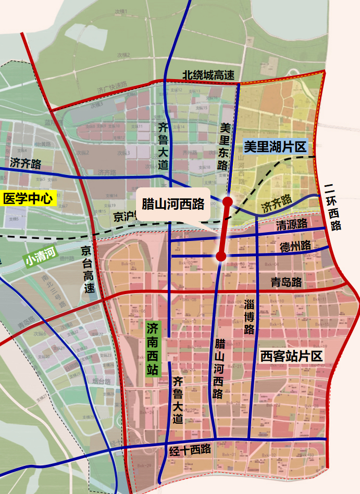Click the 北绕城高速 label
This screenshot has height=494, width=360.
(208, 75)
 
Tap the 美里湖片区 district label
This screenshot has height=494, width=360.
(276, 147)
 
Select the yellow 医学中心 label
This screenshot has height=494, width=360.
(29, 198)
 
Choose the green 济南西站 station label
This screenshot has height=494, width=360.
(153, 348)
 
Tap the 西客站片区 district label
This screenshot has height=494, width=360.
(292, 356)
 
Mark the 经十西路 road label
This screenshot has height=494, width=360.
(190, 449)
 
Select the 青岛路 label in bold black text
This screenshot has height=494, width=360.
(287, 282)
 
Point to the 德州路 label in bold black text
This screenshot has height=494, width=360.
(295, 246)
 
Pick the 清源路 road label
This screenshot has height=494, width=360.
(291, 225)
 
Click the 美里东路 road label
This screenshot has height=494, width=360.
(225, 146)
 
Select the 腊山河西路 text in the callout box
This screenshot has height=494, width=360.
(173, 203)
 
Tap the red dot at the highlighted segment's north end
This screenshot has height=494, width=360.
(227, 201)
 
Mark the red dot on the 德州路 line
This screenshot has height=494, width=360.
(221, 256)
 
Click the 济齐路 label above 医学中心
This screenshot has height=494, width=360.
(25, 164)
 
